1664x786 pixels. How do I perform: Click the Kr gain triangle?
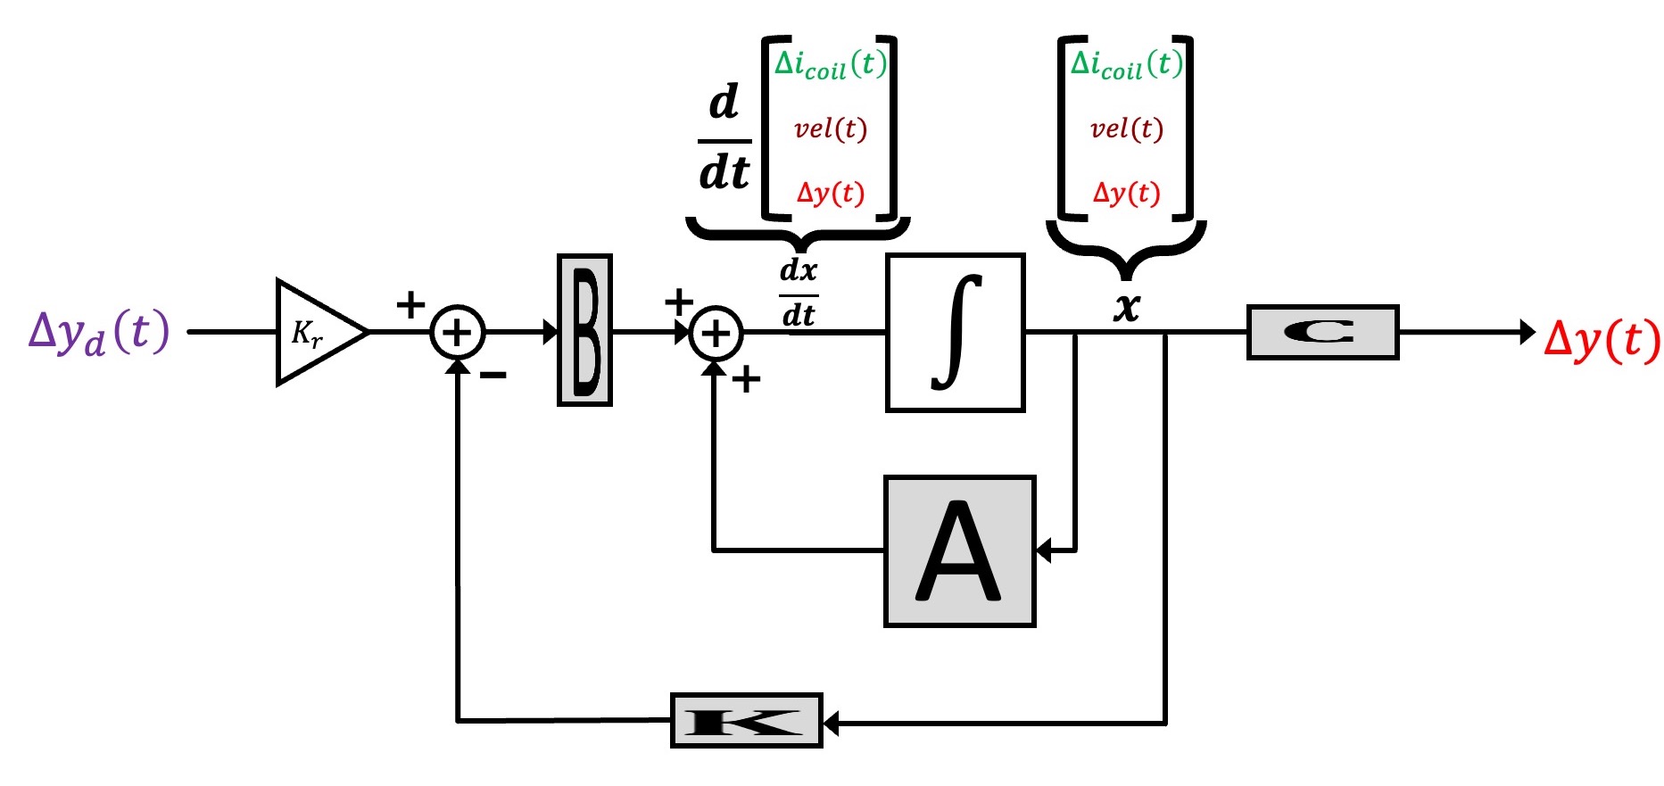314,333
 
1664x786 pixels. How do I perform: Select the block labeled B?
584,330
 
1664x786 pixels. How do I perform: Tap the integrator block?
955,332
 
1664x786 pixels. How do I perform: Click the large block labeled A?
959,551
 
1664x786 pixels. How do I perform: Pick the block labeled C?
1321,332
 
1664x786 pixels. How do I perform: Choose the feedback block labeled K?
746,720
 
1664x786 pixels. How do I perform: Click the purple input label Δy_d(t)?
98,333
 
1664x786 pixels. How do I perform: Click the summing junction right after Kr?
457,333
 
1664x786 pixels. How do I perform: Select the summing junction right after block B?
716,334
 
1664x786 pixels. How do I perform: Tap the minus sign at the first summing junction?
493,376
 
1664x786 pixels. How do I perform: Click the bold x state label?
1127,306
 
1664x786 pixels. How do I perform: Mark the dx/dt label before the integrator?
798,293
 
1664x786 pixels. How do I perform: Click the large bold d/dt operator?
724,138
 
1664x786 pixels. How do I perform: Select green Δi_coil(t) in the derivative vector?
830,63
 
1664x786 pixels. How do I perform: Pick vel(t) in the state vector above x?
1126,129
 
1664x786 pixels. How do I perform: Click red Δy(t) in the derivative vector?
830,193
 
